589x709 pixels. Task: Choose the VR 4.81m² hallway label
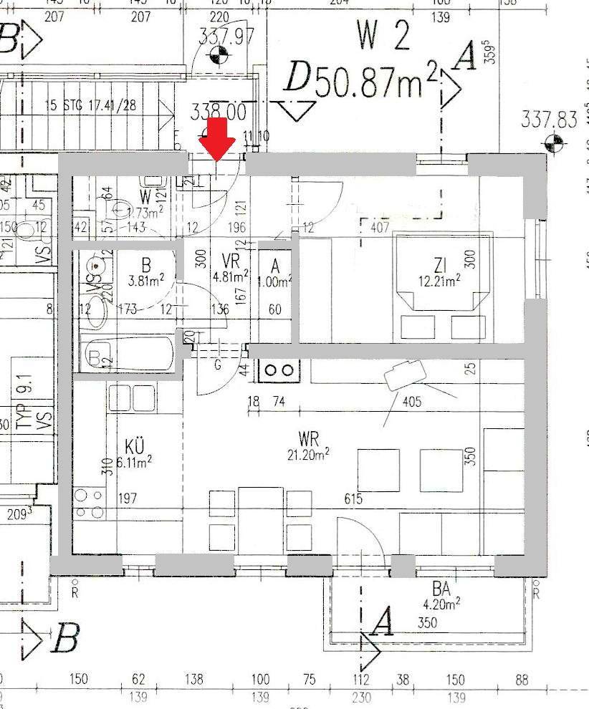[x=231, y=267]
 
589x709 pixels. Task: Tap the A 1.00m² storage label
[x=277, y=273]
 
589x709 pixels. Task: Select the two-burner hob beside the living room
[x=279, y=370]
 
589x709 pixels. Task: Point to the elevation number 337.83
[x=549, y=119]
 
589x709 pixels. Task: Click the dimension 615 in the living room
[x=353, y=499]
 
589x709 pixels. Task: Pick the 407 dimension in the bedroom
[x=380, y=228]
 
